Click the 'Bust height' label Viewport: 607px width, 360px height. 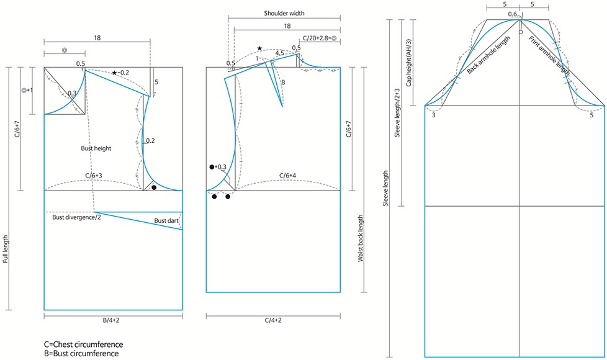[95, 149]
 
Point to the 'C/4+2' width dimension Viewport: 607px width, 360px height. [273, 322]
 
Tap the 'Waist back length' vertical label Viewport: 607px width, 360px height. [361, 240]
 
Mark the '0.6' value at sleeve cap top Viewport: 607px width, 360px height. [513, 14]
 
